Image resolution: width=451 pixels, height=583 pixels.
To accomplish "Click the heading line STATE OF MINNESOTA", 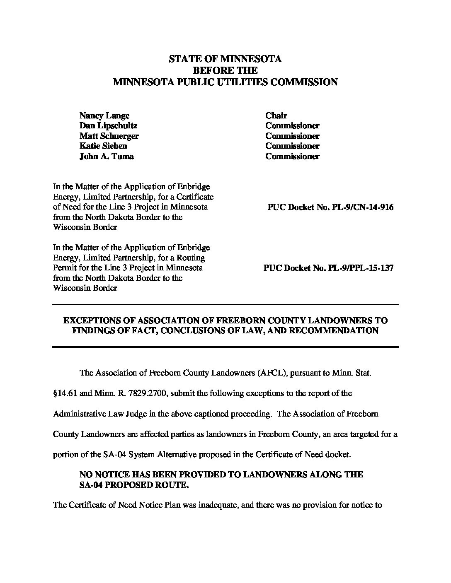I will (x=225, y=59).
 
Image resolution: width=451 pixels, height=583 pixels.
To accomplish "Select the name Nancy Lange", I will (x=104, y=116).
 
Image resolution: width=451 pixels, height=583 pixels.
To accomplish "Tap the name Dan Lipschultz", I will (x=108, y=125).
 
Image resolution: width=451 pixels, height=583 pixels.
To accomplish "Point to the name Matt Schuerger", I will (x=109, y=136).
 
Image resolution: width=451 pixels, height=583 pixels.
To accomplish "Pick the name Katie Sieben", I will (x=103, y=146).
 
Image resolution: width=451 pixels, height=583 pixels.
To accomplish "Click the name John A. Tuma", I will (x=107, y=156).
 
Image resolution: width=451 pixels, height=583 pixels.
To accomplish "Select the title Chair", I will (x=276, y=116).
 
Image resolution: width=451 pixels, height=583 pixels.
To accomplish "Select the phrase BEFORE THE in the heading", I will (x=225, y=70).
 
